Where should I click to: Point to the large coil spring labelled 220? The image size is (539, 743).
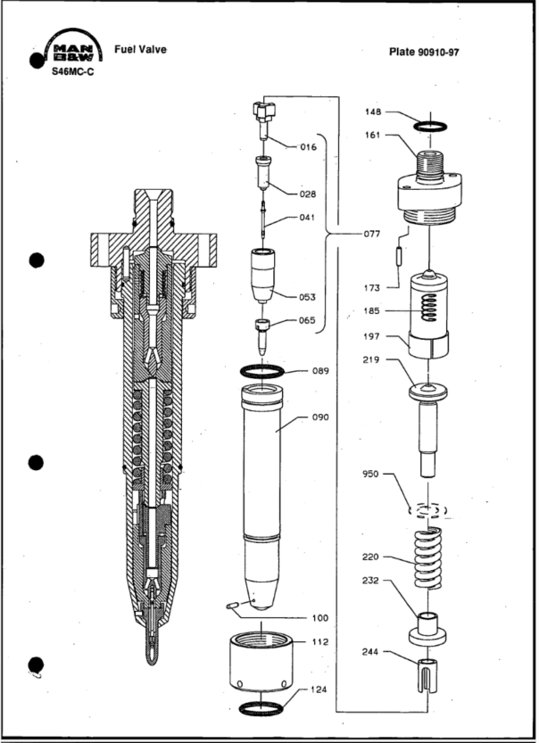tap(430, 559)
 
